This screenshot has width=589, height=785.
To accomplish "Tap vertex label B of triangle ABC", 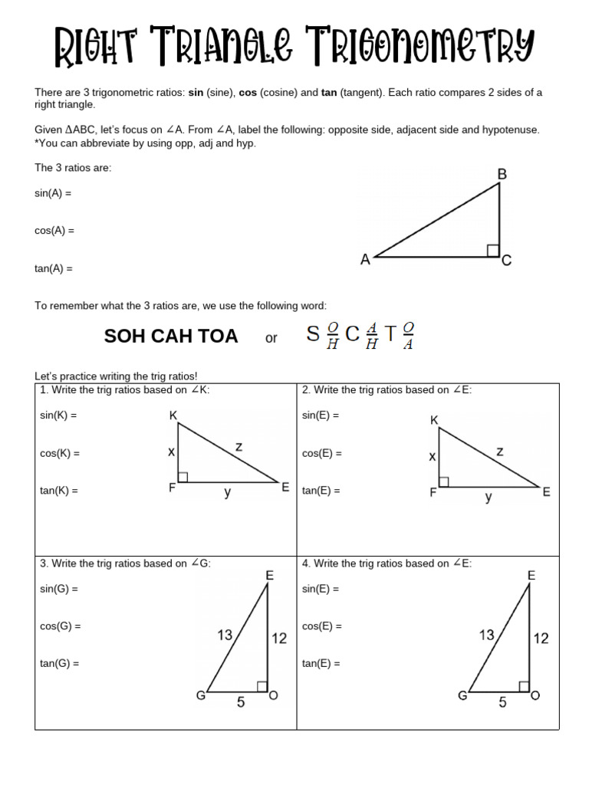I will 502,175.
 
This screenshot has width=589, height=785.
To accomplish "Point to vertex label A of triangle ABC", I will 366,260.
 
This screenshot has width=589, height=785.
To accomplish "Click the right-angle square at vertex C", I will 493,251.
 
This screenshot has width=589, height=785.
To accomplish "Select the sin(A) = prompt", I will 53,194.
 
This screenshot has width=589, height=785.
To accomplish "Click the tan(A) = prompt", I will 53,269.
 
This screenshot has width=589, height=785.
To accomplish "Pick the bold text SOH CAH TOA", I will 171,337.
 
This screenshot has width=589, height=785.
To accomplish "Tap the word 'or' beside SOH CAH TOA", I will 271,338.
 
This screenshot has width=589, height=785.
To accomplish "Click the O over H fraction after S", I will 332,336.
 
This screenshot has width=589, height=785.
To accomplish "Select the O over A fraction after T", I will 408,336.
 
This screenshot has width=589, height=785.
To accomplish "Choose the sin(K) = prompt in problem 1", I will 58,415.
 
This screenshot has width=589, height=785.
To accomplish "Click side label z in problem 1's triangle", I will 239,446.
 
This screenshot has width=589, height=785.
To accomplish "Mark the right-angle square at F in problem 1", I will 183,477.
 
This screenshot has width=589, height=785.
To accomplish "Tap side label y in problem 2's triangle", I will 489,497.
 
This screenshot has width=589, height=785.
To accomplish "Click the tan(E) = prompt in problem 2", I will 321,491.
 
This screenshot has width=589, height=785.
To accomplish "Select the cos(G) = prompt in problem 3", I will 61,626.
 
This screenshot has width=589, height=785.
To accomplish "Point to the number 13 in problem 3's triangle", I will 225,635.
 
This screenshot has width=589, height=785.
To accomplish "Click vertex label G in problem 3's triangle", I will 200,695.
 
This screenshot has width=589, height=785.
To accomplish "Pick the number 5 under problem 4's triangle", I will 502,701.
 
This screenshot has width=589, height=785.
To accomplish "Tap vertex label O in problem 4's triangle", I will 535,695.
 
